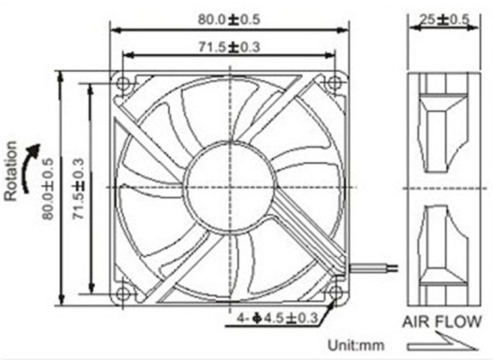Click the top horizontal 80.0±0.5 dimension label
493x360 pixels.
click(x=229, y=19)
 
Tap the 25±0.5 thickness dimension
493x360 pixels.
click(x=440, y=19)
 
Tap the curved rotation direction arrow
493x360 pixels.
click(x=30, y=168)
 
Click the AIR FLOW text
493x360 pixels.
click(x=442, y=322)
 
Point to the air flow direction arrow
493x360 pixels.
click(x=442, y=343)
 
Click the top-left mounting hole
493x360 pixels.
click(x=123, y=83)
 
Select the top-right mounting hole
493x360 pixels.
click(x=334, y=83)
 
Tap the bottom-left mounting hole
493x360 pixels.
click(x=123, y=294)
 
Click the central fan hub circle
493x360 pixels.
click(x=229, y=187)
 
